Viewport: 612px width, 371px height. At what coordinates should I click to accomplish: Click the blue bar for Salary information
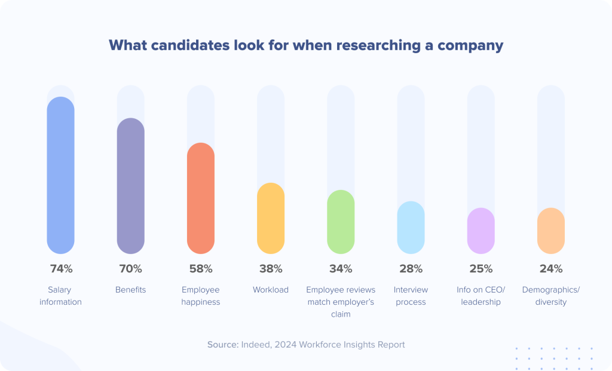tap(60, 175)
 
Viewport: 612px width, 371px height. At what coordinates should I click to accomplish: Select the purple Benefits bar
tap(130, 186)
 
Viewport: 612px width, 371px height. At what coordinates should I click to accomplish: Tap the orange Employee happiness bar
tap(200, 198)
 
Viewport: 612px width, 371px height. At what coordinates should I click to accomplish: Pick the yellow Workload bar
tap(271, 218)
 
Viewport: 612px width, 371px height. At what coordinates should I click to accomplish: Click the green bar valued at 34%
tap(341, 222)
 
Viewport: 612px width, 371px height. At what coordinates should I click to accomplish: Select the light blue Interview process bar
tap(411, 227)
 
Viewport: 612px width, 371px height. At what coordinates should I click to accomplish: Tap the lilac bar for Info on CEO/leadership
tap(481, 231)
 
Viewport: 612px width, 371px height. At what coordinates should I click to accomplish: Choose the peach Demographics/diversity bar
tap(550, 231)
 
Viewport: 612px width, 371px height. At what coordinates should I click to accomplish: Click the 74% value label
tap(60, 269)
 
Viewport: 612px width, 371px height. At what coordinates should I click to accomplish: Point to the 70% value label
tap(130, 269)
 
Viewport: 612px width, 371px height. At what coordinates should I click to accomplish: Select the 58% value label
tap(200, 269)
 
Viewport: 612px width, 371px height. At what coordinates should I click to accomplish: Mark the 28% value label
tap(411, 269)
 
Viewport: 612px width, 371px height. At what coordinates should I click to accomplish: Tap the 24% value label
tap(550, 269)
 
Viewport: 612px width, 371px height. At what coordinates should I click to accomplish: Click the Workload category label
tap(271, 290)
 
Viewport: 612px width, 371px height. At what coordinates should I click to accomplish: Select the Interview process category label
tap(411, 296)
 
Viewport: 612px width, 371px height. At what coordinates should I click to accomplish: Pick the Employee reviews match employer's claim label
tap(341, 302)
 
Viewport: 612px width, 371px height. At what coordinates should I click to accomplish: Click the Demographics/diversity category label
tap(550, 296)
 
